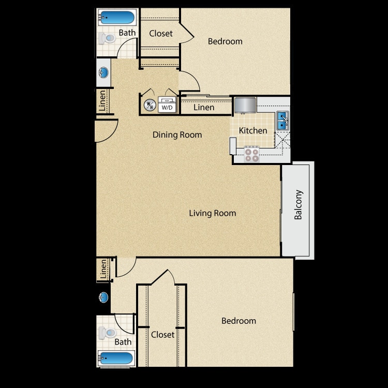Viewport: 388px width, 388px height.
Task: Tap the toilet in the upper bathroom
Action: point(108,38)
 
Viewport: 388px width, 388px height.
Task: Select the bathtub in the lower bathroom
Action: point(116,357)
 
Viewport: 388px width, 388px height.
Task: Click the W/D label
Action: point(167,108)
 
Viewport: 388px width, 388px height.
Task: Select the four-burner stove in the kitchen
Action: point(252,154)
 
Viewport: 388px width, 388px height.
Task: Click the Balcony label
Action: point(298,205)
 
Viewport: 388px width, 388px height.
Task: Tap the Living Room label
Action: point(212,213)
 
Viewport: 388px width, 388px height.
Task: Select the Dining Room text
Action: point(177,135)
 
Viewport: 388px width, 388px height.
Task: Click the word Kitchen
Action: point(253,131)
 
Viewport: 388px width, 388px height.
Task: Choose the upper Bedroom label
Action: point(225,41)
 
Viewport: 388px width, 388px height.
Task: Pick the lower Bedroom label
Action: point(238,321)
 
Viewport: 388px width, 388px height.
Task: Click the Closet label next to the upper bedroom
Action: point(161,34)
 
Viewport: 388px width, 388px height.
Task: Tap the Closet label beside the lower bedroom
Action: point(162,335)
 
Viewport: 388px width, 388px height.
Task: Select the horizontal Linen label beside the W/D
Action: point(204,108)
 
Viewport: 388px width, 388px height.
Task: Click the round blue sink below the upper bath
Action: point(103,73)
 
